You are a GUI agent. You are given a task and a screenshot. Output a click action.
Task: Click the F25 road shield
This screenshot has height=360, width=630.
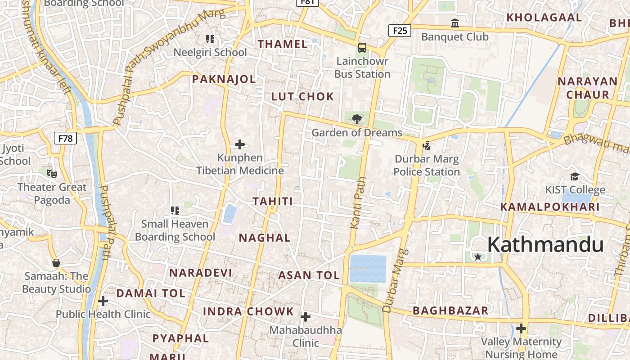coord(400,31)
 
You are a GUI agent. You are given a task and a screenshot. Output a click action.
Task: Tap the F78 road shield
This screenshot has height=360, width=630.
coord(65,138)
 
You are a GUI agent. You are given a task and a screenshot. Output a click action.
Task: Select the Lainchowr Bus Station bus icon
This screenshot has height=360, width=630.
coord(362,48)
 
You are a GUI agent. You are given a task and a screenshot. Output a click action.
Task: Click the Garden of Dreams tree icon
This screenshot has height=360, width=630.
coord(356,119)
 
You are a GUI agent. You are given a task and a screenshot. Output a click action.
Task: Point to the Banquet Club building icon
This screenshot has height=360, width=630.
coord(455,23)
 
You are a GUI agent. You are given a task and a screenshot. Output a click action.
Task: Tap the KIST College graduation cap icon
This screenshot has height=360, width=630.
coord(575,176)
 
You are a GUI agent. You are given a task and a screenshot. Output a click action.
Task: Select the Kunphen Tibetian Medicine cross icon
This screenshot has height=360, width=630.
coord(240,144)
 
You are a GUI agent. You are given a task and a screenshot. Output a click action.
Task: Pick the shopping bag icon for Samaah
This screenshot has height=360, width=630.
coord(56,263)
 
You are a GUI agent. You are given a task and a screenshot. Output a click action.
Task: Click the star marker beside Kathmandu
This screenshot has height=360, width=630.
coord(478,257)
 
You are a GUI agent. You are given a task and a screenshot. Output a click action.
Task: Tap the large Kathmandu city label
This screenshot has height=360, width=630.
coord(545,245)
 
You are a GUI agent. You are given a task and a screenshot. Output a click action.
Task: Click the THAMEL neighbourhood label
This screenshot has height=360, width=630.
coord(283,44)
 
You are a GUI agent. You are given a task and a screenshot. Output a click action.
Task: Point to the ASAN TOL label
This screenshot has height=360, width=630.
coord(309,275)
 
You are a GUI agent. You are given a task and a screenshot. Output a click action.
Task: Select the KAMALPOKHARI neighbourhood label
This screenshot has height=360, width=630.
coord(550,207)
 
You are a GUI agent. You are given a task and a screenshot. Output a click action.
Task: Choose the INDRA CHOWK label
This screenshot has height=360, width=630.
coord(248,311)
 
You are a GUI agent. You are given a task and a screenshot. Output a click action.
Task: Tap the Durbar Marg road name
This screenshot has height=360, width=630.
coord(394,281)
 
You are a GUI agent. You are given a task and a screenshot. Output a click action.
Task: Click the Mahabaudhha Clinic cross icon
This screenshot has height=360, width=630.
coord(306,317)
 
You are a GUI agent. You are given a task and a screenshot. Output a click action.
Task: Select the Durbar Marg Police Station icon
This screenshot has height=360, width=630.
coord(426,145)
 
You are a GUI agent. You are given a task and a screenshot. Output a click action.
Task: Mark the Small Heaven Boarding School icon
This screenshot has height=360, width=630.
coord(175,210)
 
